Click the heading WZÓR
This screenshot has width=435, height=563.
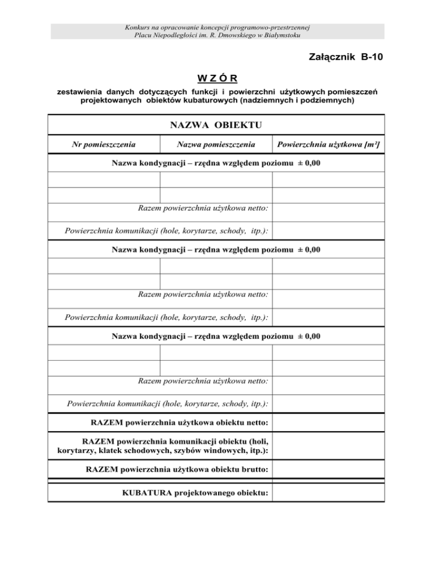pos(217,78)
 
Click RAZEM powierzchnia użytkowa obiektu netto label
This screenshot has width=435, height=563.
pos(180,422)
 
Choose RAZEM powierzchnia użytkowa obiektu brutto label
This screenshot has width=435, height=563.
pos(177,470)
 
